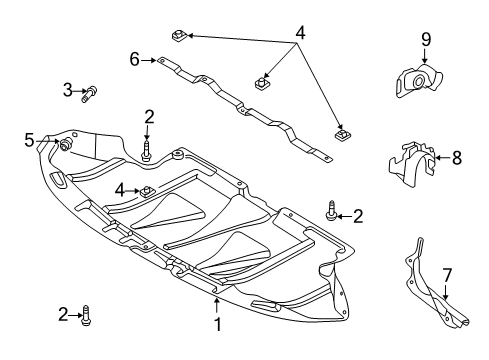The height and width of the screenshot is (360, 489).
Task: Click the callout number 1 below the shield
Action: (217, 324)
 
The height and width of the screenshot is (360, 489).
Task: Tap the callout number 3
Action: (68, 90)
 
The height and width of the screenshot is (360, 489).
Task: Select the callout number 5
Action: (29, 140)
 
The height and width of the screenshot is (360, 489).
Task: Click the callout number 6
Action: (134, 60)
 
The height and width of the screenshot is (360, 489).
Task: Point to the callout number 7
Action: (447, 276)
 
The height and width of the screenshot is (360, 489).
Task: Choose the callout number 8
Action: (457, 158)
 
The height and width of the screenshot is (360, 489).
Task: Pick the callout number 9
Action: (426, 40)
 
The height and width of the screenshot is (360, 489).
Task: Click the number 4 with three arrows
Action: (300, 33)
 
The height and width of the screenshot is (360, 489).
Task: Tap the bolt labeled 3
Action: (89, 94)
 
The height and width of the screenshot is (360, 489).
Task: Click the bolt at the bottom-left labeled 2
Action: (86, 315)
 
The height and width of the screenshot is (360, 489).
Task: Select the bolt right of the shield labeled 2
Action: (332, 210)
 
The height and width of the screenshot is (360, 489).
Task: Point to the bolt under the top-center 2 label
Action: (146, 151)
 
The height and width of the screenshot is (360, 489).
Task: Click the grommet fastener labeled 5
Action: (65, 144)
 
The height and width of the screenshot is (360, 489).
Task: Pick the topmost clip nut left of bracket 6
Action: (180, 35)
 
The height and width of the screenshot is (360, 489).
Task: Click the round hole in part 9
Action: (418, 81)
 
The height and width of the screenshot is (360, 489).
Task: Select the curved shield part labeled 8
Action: (412, 164)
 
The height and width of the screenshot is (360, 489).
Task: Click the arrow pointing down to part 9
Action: (424, 56)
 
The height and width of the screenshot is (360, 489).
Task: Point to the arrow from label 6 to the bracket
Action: (149, 60)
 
